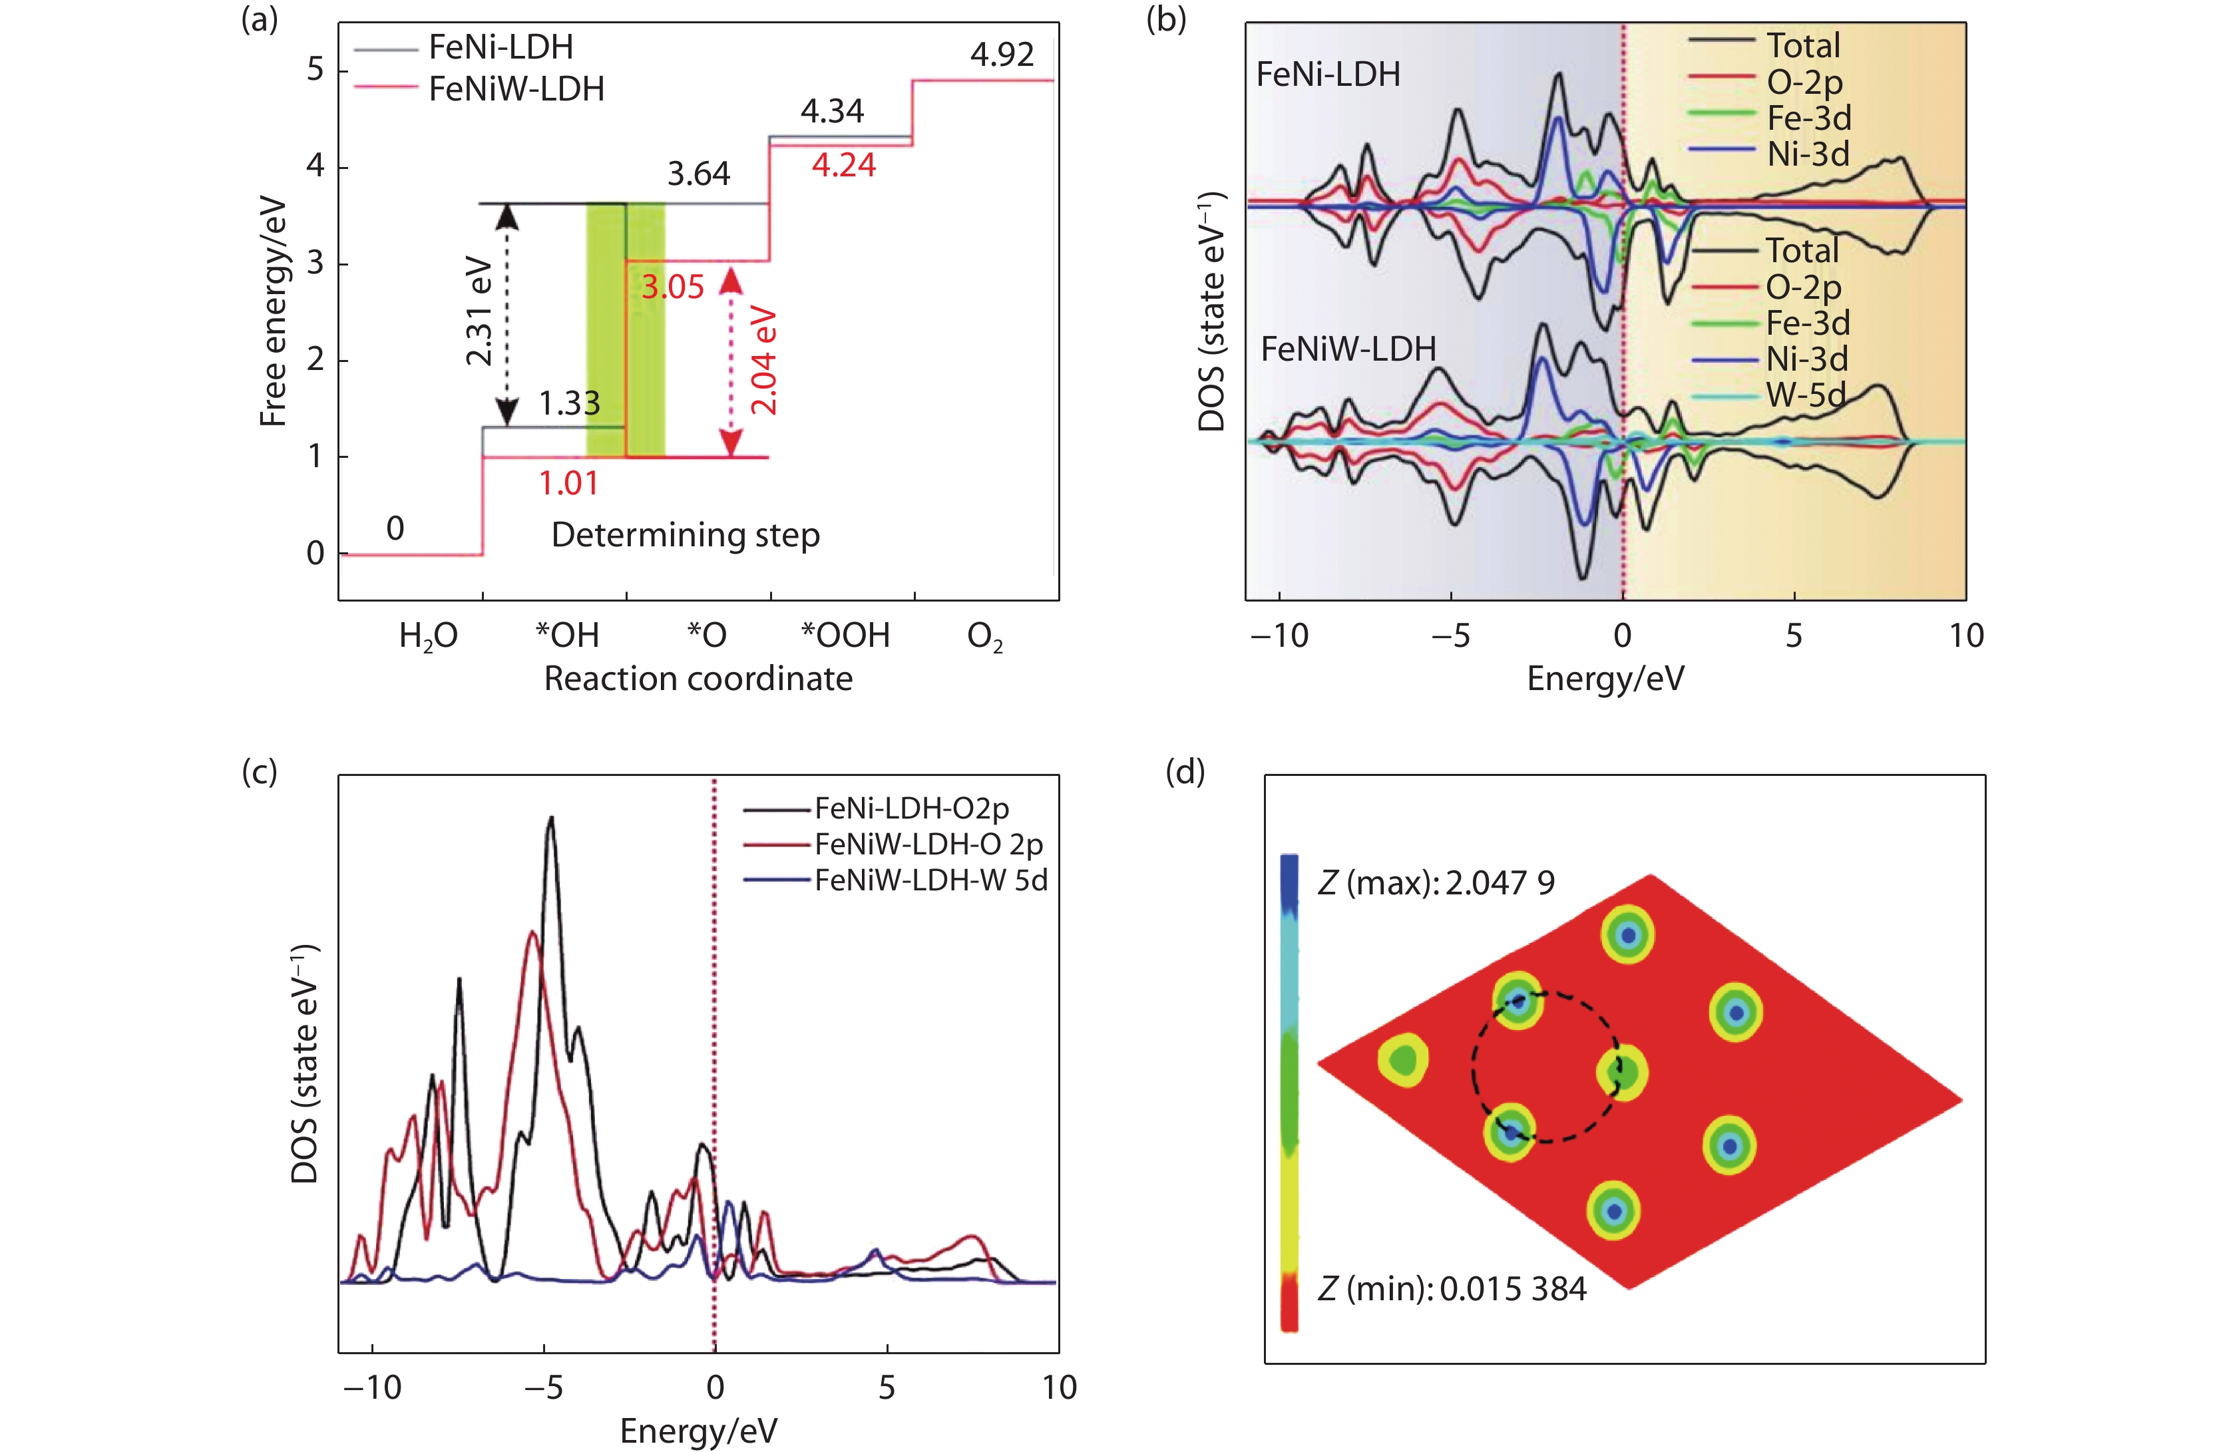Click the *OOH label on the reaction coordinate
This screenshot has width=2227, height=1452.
click(845, 635)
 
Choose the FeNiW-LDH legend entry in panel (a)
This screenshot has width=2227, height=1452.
click(516, 89)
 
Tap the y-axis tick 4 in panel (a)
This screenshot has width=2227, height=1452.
click(315, 166)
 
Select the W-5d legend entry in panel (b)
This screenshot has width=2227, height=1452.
click(1805, 395)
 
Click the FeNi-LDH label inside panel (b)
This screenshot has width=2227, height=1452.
click(1328, 74)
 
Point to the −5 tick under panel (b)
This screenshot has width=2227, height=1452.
click(1450, 636)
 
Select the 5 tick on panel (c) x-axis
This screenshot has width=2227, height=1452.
click(886, 1387)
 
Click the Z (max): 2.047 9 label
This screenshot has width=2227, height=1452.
click(1436, 882)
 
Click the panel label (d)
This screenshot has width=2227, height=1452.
click(1185, 772)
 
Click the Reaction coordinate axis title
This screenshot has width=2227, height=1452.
click(698, 678)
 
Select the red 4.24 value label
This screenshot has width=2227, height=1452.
click(843, 166)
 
